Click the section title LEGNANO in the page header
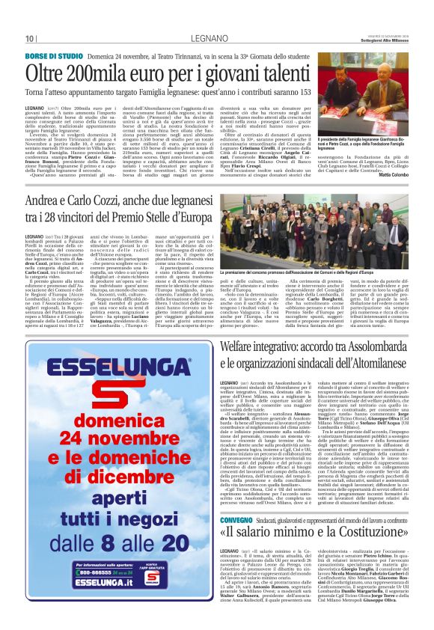[x=217, y=39]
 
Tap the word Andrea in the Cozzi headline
[x=49, y=202]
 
